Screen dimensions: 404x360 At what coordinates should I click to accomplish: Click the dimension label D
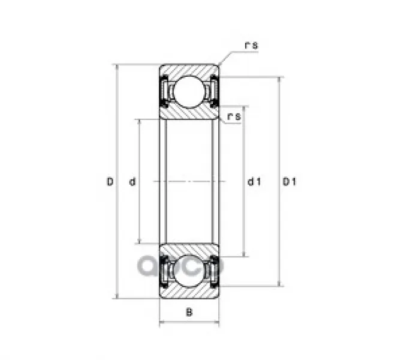(x=110, y=182)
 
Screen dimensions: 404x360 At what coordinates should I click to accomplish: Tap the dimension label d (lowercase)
(x=132, y=182)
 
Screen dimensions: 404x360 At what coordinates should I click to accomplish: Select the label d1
(x=254, y=182)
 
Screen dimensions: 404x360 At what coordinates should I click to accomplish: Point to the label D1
(x=290, y=182)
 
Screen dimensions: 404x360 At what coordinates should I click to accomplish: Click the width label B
(x=189, y=312)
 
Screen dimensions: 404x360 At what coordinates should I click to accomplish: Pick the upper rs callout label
(x=251, y=46)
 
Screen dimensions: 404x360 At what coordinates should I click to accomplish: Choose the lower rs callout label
(x=234, y=116)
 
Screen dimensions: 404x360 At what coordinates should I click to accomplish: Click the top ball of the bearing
(x=189, y=92)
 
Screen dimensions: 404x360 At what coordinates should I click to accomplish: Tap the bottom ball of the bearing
(x=189, y=271)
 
